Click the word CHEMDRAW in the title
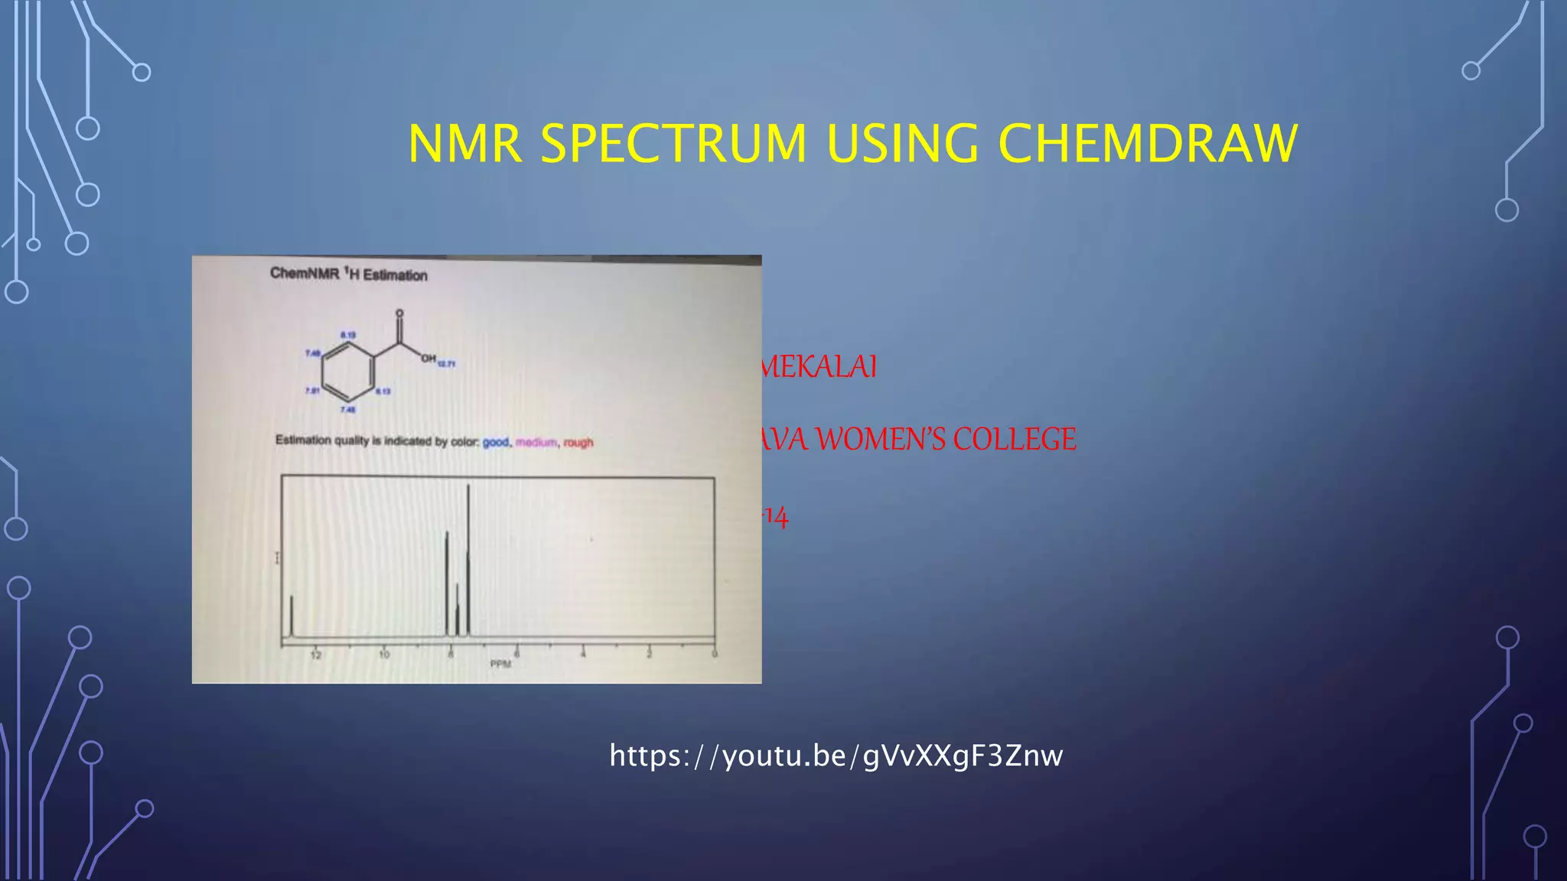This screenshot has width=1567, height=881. (x=1148, y=144)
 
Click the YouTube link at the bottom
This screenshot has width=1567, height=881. (x=836, y=756)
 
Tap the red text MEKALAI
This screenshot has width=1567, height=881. (x=819, y=367)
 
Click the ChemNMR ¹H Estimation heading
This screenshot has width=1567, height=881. (x=349, y=274)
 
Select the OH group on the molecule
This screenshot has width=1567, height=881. (x=428, y=359)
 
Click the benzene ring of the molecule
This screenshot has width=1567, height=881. (x=348, y=372)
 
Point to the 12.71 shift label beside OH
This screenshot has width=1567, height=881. (x=446, y=364)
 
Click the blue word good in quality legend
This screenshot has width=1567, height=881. (x=496, y=442)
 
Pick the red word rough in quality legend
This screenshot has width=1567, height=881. (x=578, y=442)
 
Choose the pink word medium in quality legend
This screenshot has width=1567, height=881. (x=536, y=442)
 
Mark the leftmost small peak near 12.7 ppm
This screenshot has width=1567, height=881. (x=292, y=616)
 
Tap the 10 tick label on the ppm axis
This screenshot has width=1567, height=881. (x=384, y=655)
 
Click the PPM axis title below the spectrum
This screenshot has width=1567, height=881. (x=500, y=664)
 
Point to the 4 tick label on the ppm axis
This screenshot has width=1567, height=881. (x=583, y=655)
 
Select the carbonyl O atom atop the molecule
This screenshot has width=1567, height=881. (x=399, y=314)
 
